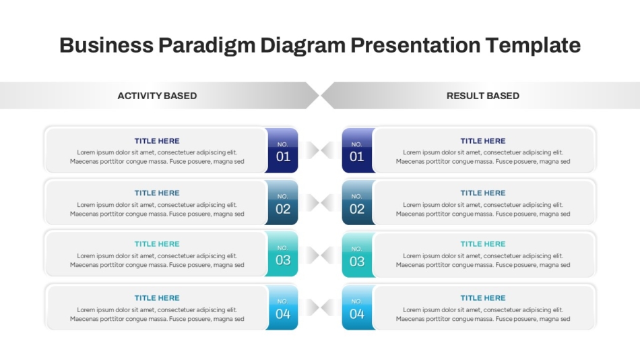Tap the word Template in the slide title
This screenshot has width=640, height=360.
point(533,45)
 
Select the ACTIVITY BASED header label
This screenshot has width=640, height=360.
point(157,96)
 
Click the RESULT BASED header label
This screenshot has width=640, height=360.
point(483,96)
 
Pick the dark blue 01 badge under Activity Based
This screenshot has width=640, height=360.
point(282,150)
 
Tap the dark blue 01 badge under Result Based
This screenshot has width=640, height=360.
point(358,150)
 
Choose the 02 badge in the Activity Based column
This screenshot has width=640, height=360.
point(282,202)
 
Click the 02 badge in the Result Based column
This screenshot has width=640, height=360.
point(358,202)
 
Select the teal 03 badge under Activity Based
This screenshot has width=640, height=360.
point(282,253)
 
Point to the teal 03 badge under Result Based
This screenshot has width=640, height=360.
point(358,255)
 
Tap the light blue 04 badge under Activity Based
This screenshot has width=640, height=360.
point(282,307)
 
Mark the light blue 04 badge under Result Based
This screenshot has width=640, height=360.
point(358,307)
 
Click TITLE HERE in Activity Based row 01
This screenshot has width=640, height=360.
point(157,141)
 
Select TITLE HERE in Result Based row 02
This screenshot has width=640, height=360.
point(483,193)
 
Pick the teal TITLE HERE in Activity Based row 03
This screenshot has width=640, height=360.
point(157,244)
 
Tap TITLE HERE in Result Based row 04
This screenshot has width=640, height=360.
point(483,298)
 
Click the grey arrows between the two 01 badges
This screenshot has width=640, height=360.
point(321,150)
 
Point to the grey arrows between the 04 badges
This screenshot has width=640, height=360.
point(321,307)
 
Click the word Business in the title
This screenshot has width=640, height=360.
point(106,45)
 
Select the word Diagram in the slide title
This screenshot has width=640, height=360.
point(303,46)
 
